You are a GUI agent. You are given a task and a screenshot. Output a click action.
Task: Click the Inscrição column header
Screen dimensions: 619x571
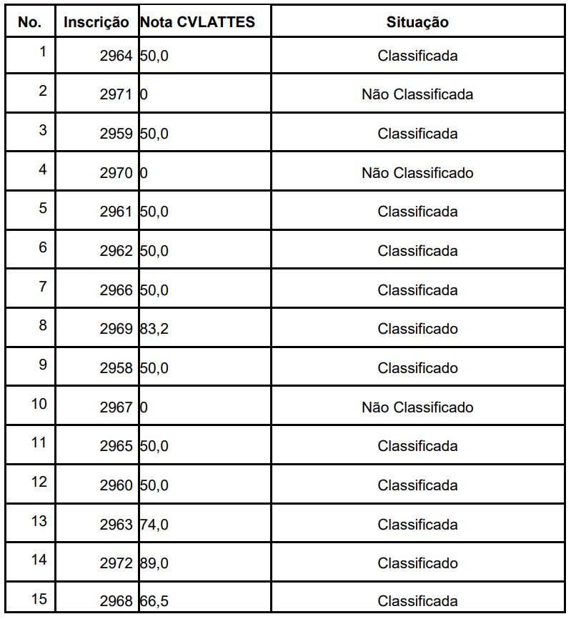click(96, 22)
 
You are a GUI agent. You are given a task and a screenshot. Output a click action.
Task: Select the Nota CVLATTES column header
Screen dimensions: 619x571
click(197, 22)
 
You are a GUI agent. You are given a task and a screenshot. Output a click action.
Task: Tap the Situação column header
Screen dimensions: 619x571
click(417, 22)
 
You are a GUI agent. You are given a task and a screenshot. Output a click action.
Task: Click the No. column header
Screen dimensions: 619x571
click(30, 22)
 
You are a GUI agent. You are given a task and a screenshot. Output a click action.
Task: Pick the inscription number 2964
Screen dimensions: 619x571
click(116, 56)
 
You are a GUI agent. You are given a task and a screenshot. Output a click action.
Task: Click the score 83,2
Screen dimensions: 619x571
click(154, 329)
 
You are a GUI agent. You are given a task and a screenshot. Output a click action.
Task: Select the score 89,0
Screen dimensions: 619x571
click(154, 563)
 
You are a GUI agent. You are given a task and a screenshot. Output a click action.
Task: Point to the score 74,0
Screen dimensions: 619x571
click(154, 525)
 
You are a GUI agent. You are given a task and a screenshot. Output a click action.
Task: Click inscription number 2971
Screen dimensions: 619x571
click(116, 94)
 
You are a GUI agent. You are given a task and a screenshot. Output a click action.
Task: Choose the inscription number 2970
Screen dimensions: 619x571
click(116, 173)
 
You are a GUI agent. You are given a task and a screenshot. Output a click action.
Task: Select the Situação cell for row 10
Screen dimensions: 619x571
click(417, 407)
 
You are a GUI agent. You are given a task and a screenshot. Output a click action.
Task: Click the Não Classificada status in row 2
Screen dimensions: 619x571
click(417, 94)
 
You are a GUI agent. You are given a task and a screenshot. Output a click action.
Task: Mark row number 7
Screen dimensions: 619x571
click(43, 287)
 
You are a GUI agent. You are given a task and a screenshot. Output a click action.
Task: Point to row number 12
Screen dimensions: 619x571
click(39, 482)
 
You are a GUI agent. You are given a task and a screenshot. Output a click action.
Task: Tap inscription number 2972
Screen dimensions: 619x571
click(116, 563)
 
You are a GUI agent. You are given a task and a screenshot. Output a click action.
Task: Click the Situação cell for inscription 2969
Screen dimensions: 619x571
click(417, 329)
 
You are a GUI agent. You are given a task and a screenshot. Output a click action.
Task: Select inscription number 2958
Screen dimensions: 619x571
click(116, 368)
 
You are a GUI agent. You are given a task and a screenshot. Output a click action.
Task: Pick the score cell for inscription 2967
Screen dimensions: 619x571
click(144, 407)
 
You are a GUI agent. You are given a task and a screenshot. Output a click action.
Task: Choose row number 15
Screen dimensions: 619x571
click(39, 599)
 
